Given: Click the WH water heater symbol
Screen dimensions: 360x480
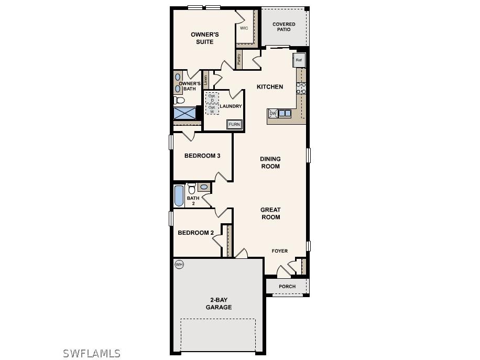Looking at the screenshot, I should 179,265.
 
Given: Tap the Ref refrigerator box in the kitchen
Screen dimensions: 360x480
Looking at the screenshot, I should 299,60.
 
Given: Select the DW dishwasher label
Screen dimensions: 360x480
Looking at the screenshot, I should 273,113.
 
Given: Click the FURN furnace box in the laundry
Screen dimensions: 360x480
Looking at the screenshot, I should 234,124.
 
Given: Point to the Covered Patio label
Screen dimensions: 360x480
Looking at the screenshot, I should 283,27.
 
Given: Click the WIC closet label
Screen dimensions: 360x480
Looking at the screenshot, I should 244,28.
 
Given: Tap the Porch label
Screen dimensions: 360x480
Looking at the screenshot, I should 287,287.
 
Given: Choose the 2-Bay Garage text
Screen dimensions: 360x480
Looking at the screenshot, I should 218,304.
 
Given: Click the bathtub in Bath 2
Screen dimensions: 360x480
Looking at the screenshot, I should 179,195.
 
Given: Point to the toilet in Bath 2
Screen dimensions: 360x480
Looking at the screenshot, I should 192,188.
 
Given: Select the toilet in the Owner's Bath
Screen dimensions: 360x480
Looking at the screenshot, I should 179,100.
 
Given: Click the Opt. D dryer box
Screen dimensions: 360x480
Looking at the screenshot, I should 212,98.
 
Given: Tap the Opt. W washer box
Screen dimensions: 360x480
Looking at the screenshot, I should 212,109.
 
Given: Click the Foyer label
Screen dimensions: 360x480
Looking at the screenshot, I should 279,251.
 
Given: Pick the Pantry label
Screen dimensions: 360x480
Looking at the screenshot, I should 239,60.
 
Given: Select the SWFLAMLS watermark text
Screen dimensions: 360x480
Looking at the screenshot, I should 92,354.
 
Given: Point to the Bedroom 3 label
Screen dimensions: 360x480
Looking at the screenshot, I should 202,156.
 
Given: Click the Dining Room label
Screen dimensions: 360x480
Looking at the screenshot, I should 270,162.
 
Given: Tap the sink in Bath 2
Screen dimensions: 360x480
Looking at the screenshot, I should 204,187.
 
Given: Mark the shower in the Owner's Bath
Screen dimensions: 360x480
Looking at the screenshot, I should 184,113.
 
